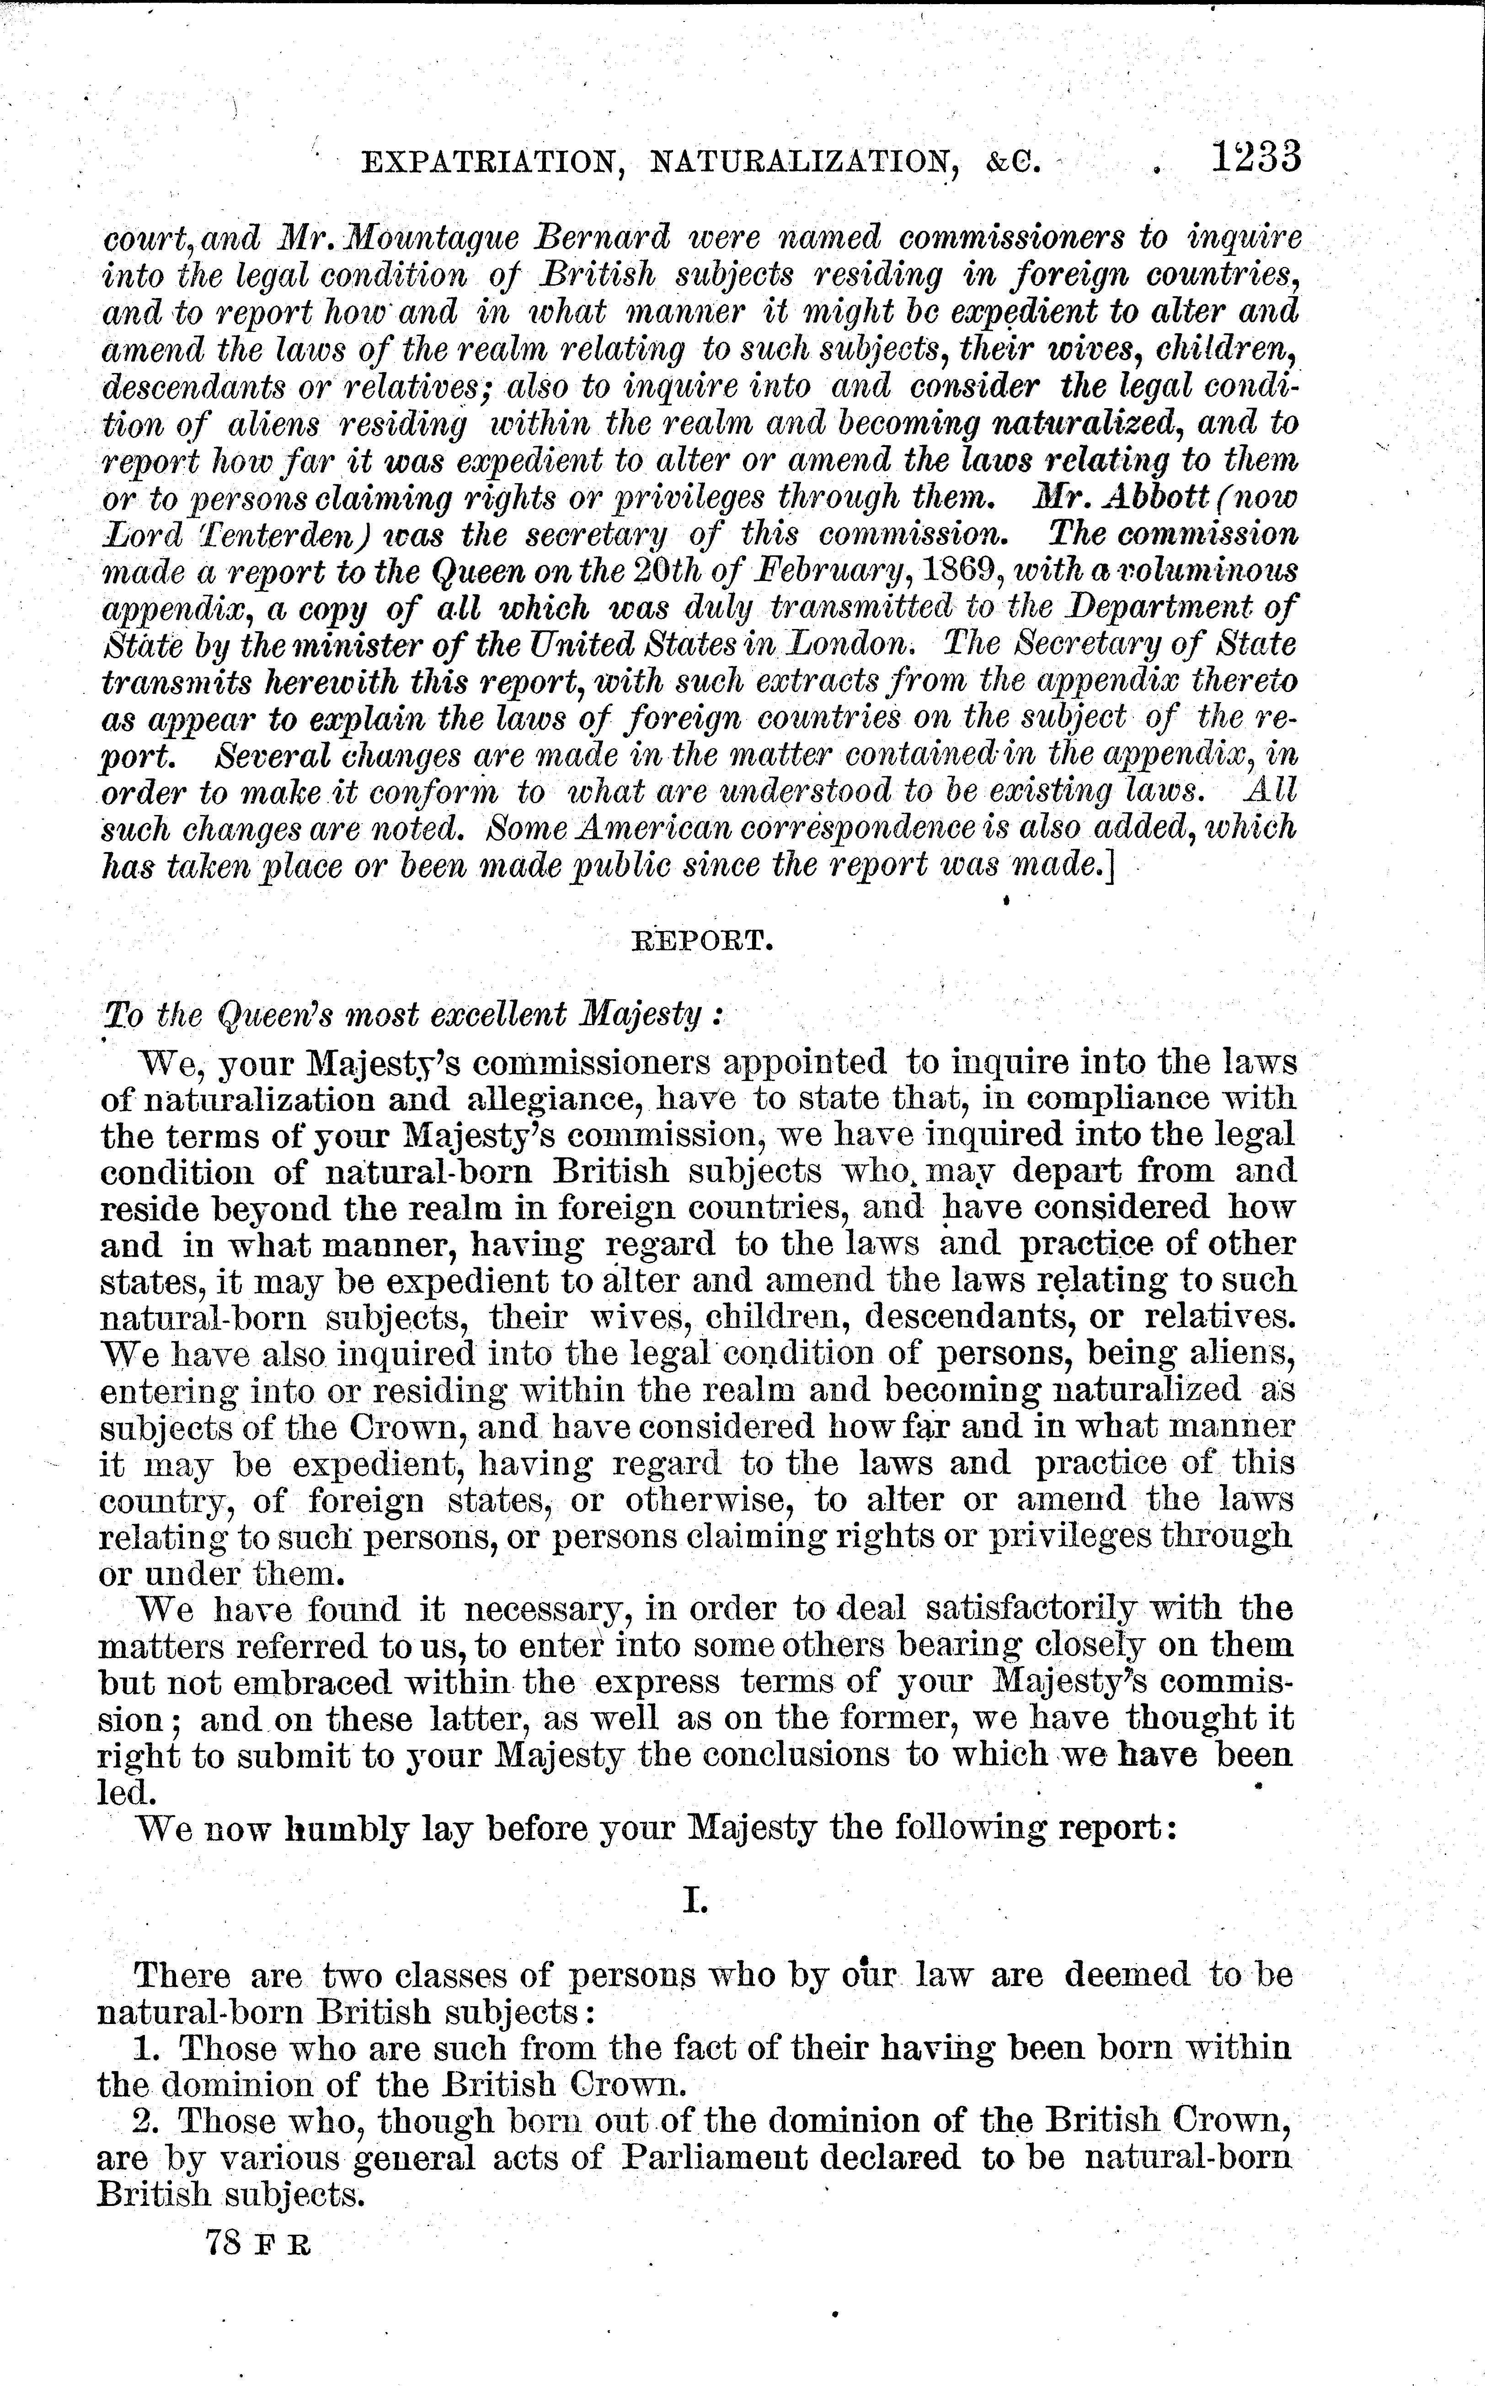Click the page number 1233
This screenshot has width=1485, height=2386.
click(1255, 157)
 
